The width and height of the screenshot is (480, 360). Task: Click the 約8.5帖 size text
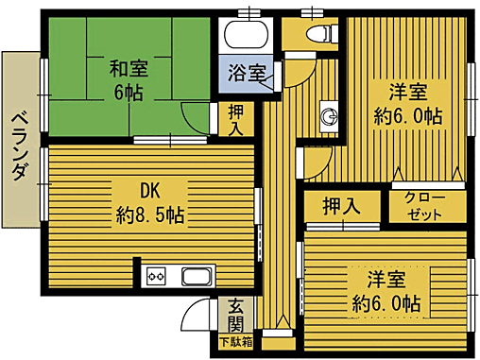point(150,214)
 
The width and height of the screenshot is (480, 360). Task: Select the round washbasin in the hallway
point(329,115)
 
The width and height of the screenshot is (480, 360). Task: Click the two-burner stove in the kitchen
point(157,278)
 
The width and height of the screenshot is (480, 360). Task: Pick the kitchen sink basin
point(197,278)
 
